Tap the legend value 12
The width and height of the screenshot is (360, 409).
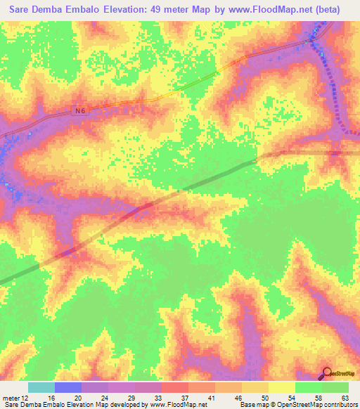pos(26,397)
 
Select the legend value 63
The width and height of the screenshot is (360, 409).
pos(344,397)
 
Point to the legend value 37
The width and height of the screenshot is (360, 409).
pos(184,397)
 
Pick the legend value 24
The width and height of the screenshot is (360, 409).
pos(104,397)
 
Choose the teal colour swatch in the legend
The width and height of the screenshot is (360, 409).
pos(41,387)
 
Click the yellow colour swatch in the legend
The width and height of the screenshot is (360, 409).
pos(281,387)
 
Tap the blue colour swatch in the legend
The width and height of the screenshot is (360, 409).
pos(67,387)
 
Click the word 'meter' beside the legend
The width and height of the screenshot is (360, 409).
pos(10,397)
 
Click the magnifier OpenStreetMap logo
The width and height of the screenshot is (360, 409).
pos(328,374)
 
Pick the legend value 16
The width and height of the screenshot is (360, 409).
pos(51,397)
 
